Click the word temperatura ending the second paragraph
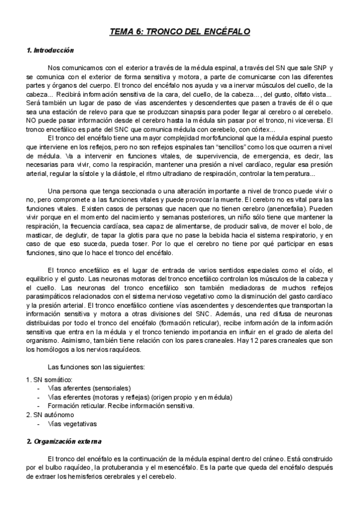(289, 175)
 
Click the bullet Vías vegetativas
(72, 424)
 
